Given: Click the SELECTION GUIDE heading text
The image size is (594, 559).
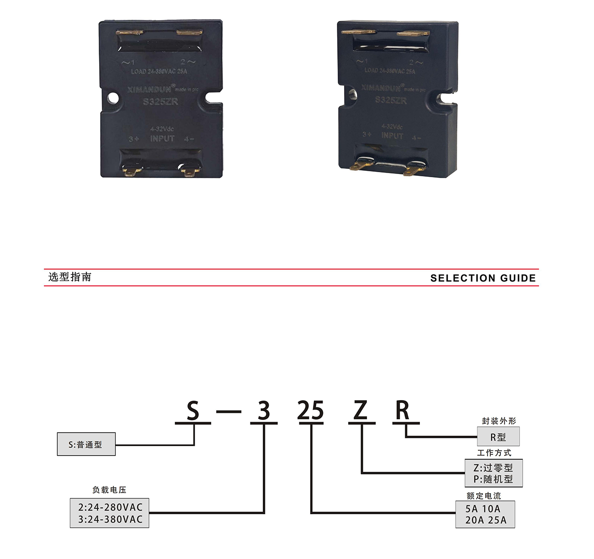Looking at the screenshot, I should tap(483, 278).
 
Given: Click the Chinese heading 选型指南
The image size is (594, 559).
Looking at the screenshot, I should tap(70, 277).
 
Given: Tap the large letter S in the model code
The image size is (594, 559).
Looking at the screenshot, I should tap(193, 411).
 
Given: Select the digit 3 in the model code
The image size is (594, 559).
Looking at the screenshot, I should tap(264, 411).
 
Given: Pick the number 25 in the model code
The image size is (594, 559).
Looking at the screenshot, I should tap(311, 411).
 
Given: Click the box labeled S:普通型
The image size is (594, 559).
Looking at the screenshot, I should tap(86, 444).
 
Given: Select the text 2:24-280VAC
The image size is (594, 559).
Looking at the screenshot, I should tap(110, 507).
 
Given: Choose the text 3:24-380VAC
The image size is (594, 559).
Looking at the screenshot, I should tap(110, 519).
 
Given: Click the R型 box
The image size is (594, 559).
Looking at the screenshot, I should tap(498, 437).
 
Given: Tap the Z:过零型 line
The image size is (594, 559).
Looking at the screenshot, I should tap(493, 468).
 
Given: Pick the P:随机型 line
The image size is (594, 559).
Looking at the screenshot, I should tap(493, 479).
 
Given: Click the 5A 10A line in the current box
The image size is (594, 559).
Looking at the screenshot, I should tap(483, 509).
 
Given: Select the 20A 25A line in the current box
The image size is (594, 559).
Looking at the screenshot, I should tap(486, 520).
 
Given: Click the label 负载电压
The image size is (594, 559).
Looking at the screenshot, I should tap(109, 490).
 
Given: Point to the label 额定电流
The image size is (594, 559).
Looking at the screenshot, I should tap(484, 496).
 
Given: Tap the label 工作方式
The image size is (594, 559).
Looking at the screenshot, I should tap(494, 453).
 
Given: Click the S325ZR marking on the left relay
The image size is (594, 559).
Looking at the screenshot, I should tap(160, 102).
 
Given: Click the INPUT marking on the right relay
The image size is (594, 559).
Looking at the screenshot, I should tap(392, 136).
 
